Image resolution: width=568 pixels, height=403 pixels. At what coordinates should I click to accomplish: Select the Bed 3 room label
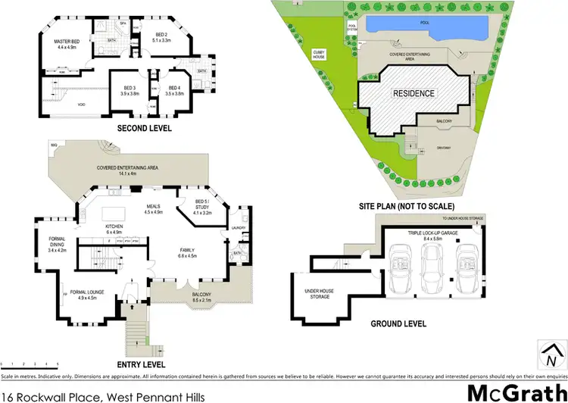130,90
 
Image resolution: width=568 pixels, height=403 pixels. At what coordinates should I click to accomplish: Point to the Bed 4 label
176,90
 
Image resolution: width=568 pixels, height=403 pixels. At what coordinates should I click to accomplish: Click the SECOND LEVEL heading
144,129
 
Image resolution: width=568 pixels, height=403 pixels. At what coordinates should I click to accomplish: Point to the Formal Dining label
58,245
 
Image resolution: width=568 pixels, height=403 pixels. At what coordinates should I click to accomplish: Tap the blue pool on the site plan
424,25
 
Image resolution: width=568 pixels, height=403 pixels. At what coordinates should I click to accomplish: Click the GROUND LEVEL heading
398,323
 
